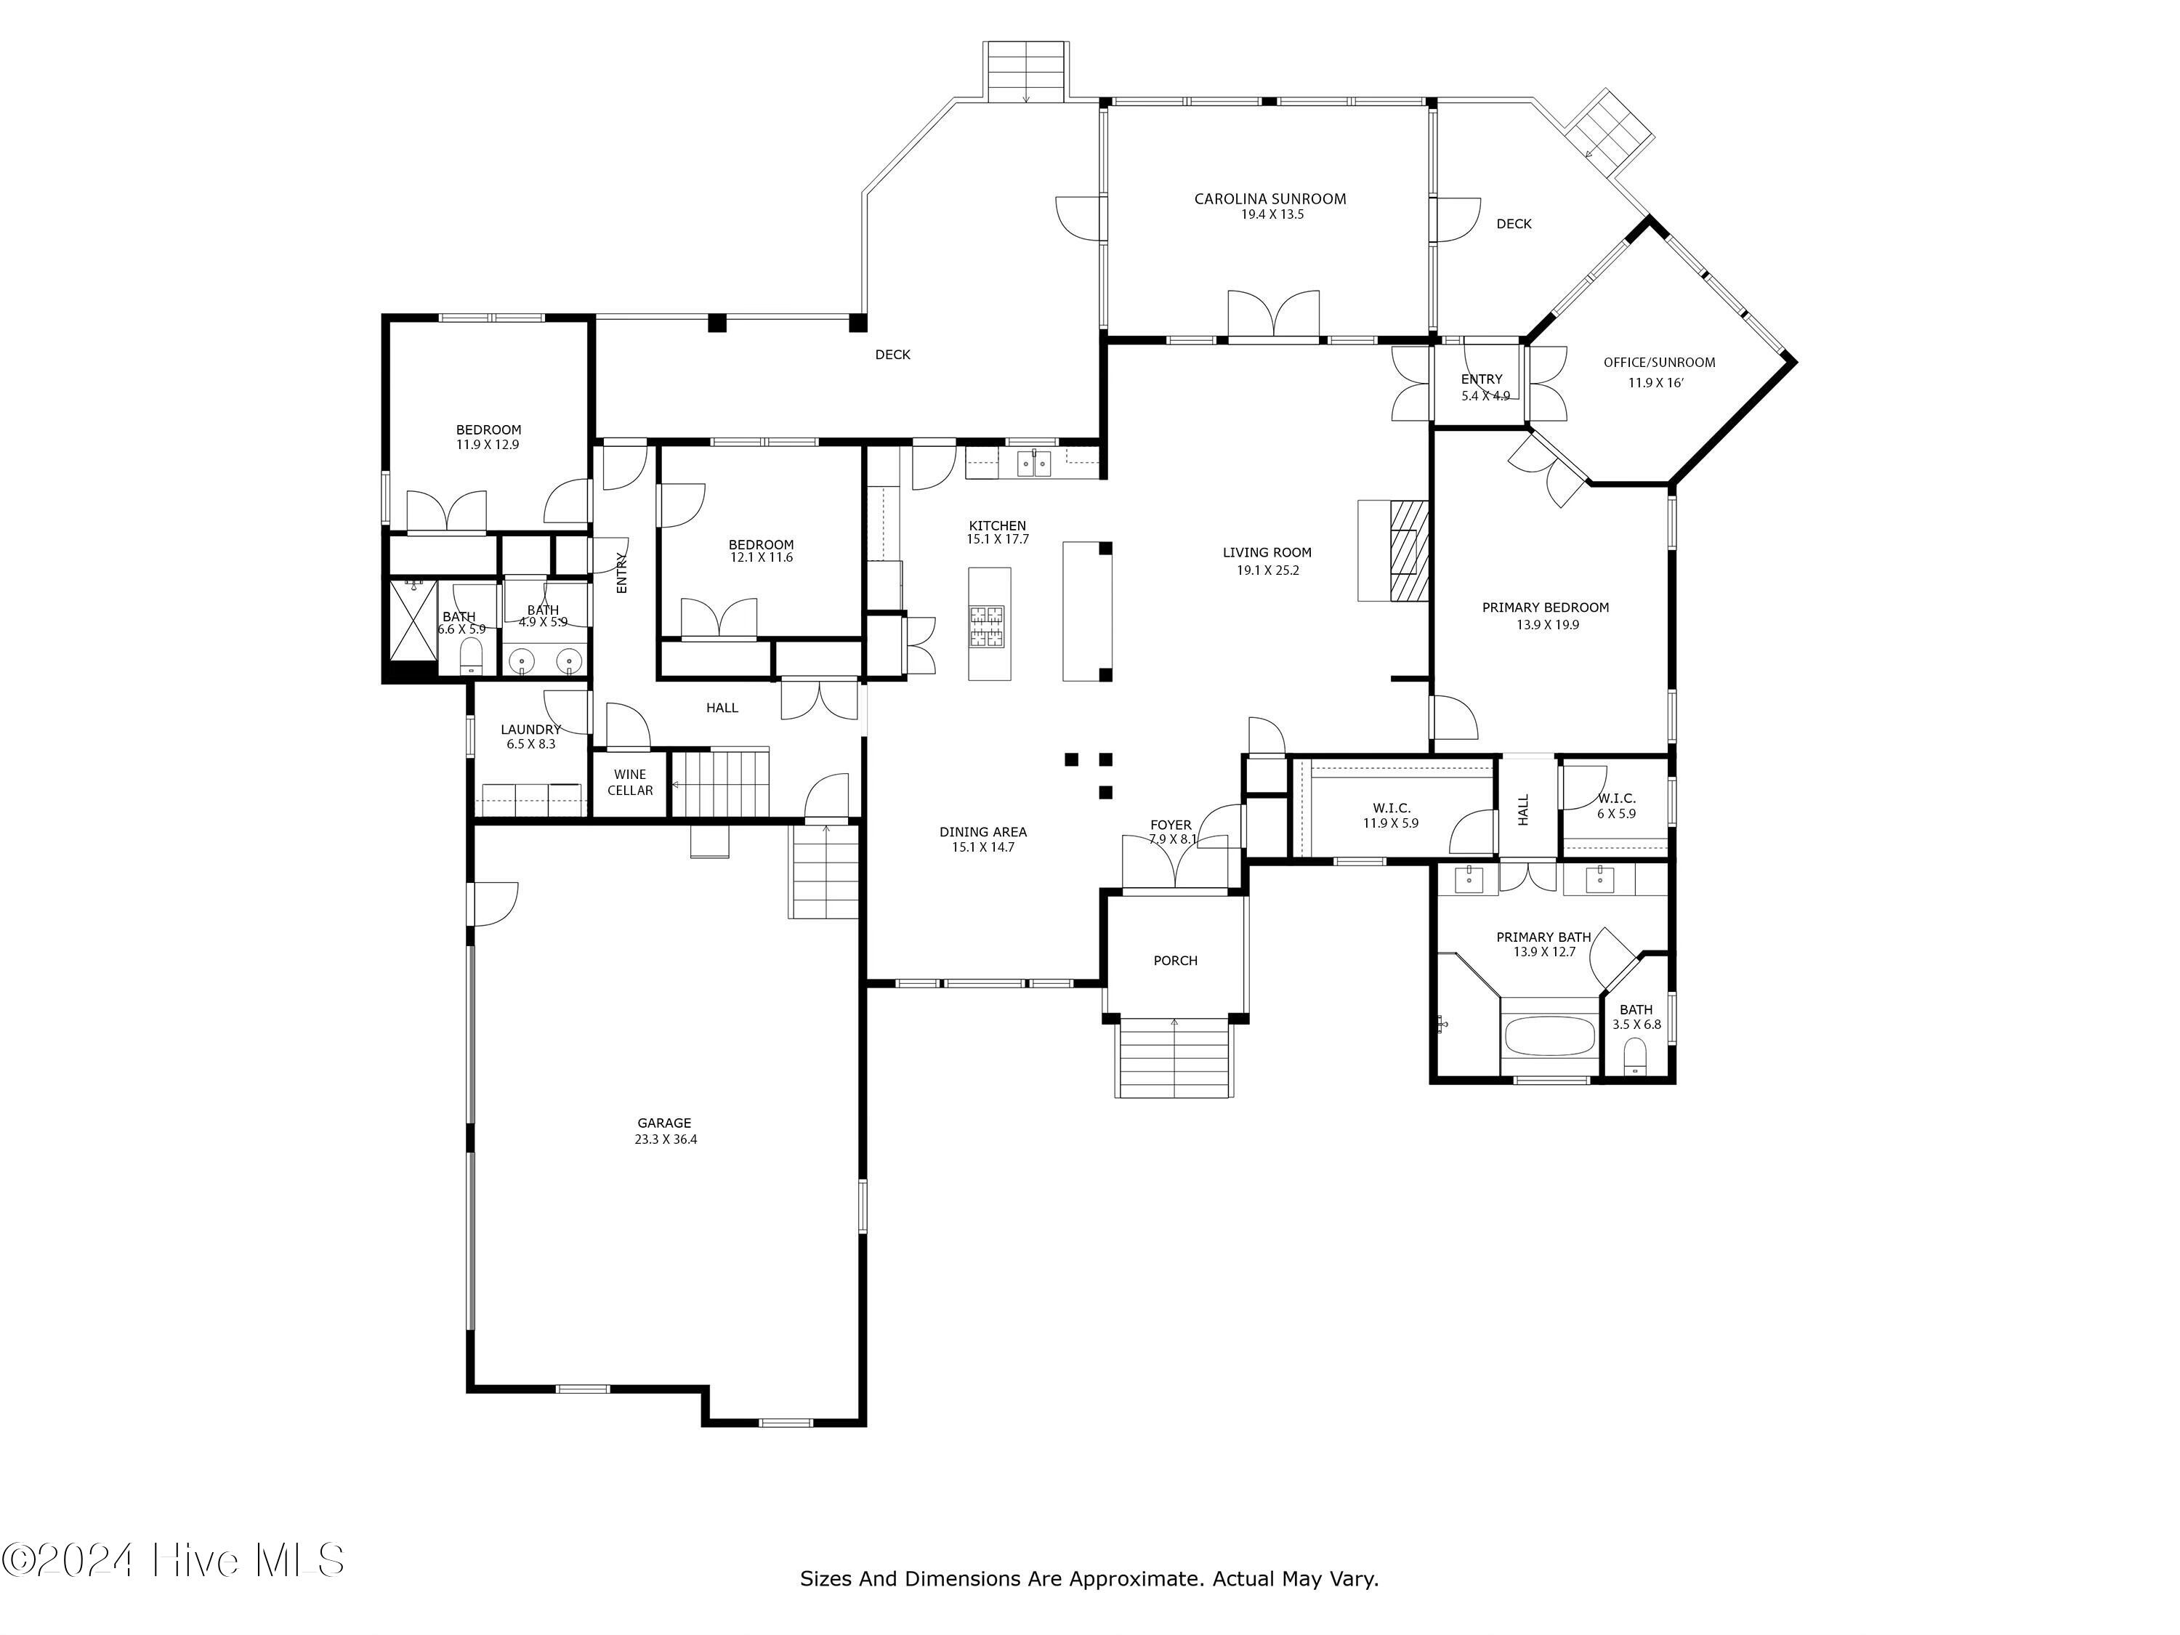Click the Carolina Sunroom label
coord(1269,199)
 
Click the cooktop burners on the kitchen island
coord(988,626)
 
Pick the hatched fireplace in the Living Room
coord(1409,550)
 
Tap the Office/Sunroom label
coord(1659,363)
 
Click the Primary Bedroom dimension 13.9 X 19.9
coord(1547,625)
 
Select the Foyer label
coord(1171,825)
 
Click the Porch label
coord(1175,960)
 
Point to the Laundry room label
coord(530,730)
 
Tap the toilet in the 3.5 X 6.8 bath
coord(1635,1057)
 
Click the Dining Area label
coord(982,832)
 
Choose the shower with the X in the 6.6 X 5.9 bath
coord(413,620)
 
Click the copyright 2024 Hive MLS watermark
coord(174,1561)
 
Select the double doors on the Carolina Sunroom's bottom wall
coord(1273,315)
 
